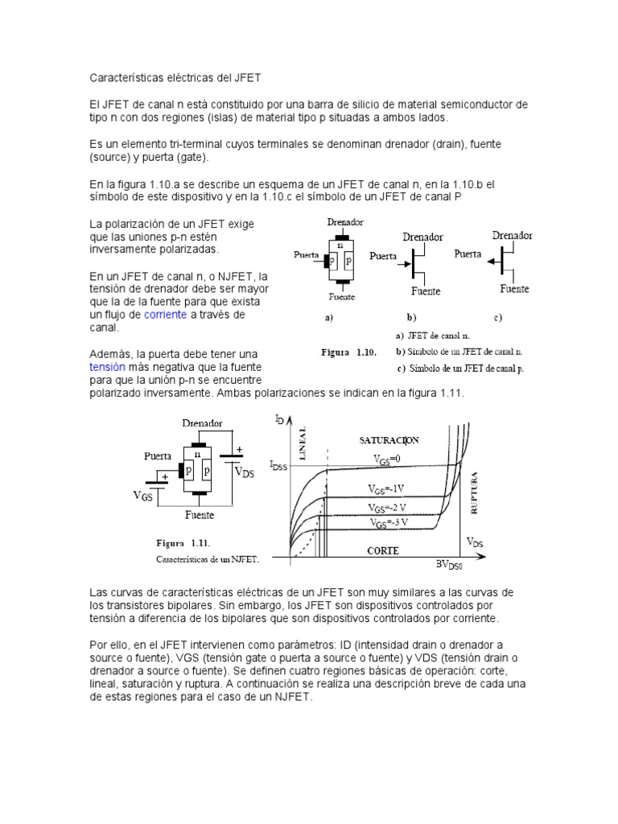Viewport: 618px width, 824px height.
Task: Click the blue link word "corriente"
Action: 165,315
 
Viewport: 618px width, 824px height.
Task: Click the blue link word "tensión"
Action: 107,367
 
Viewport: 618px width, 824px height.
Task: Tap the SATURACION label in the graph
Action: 389,440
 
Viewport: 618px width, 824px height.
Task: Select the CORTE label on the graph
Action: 384,551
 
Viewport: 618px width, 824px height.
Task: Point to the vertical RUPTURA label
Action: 474,493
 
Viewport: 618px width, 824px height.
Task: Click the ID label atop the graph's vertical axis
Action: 278,419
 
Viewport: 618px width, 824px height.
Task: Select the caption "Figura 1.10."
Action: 344,352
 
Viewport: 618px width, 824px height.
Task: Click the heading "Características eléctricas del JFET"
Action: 175,78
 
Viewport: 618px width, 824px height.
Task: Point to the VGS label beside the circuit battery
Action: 142,496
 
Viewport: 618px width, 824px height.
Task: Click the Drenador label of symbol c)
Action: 512,236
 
